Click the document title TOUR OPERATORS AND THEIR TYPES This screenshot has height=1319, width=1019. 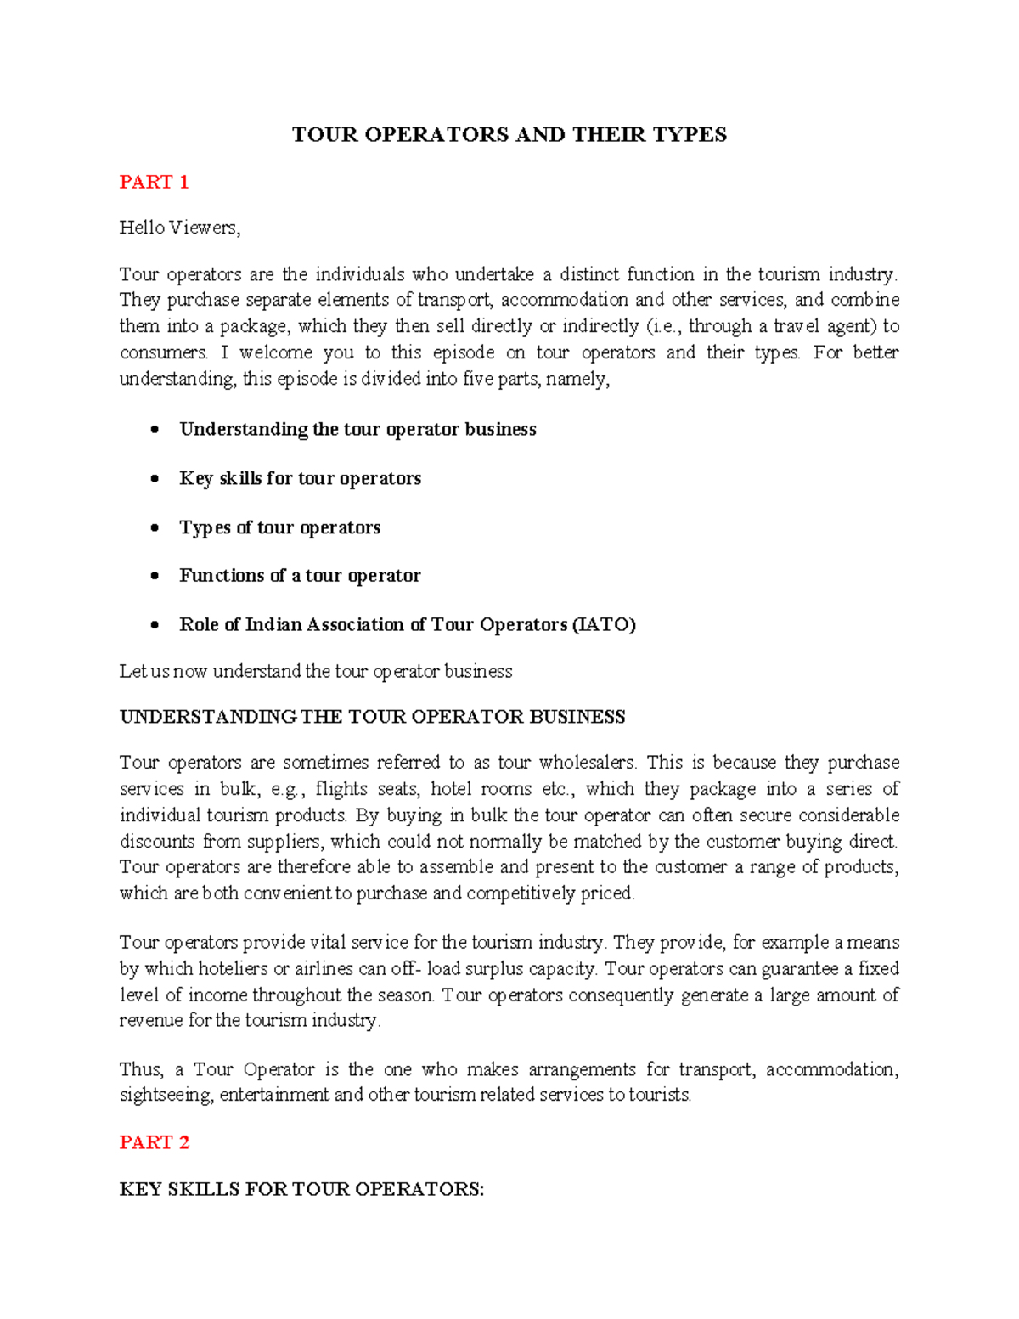tap(509, 135)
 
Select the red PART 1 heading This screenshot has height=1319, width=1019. tap(154, 182)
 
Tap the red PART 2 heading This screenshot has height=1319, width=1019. tap(154, 1142)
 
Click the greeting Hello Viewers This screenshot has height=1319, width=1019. tap(180, 228)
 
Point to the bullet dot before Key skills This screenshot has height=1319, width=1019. tap(155, 479)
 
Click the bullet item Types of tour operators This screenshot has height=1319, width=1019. tap(279, 527)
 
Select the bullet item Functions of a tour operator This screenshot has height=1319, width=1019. tap(300, 576)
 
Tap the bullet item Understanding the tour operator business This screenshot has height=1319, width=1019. tap(357, 429)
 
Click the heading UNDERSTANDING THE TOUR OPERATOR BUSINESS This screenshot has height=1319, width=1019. tap(372, 717)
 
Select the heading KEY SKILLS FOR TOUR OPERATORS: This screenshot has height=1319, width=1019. tap(301, 1189)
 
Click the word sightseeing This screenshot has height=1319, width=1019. tap(166, 1095)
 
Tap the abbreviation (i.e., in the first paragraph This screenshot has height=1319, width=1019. tap(664, 326)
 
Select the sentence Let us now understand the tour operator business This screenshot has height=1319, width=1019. tap(316, 671)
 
